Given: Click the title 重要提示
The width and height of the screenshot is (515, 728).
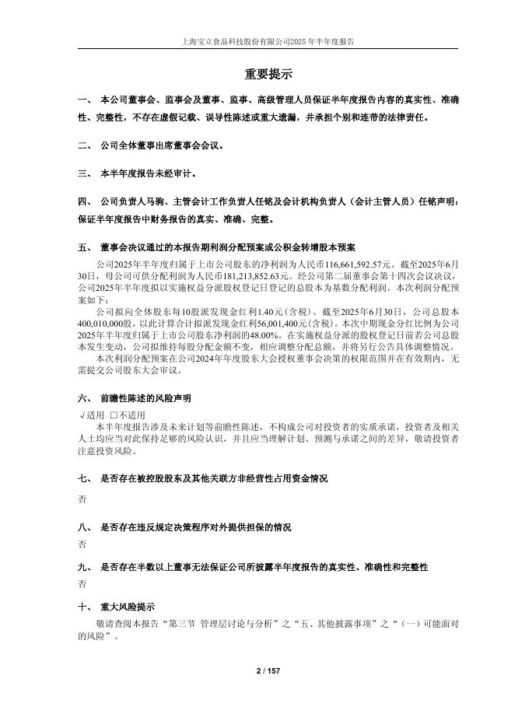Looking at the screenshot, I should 268,75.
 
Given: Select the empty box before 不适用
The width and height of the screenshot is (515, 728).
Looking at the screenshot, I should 114,415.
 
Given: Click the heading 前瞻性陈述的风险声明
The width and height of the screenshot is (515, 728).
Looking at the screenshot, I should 145,398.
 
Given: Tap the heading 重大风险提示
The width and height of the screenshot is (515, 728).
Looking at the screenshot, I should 128,607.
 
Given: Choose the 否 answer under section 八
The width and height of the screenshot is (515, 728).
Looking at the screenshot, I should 82,544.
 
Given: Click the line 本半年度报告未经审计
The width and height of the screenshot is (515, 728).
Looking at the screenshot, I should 146,173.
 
